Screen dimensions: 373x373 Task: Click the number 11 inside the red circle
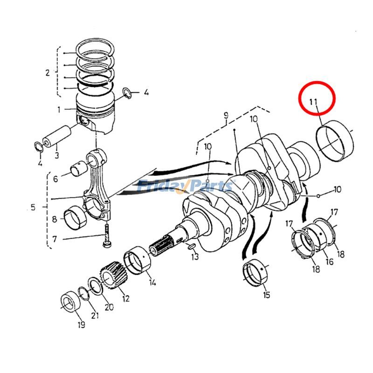pyautogui.click(x=312, y=101)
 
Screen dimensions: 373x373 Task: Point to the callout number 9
pyautogui.click(x=226, y=115)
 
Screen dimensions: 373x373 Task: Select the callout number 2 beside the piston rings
pyautogui.click(x=47, y=73)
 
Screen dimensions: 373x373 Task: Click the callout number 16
pyautogui.click(x=329, y=262)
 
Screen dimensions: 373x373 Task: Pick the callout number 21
pyautogui.click(x=95, y=316)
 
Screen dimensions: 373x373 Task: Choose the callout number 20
pyautogui.click(x=109, y=307)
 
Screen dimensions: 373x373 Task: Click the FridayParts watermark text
pyautogui.click(x=186, y=186)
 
